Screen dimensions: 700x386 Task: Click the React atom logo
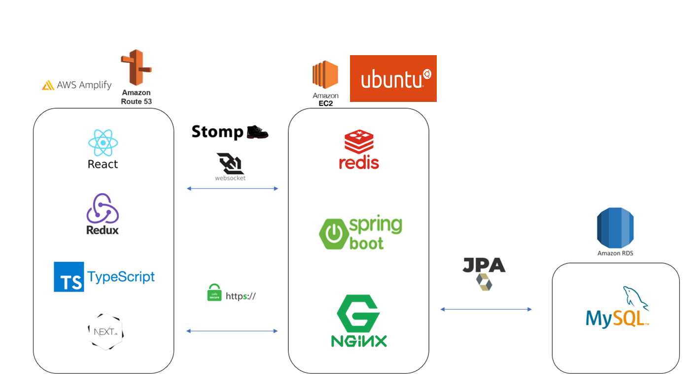click(x=103, y=143)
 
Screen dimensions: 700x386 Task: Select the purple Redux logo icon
click(x=103, y=208)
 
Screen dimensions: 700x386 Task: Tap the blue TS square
click(x=69, y=277)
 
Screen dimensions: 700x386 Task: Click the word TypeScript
click(x=121, y=277)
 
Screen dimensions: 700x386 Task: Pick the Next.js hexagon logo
click(x=105, y=331)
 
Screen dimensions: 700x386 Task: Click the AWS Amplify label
click(x=77, y=85)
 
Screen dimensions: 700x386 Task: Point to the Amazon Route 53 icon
click(x=136, y=67)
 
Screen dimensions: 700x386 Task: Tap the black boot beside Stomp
click(x=257, y=132)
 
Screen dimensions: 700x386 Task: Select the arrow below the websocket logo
click(x=232, y=189)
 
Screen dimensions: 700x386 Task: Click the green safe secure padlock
click(x=214, y=292)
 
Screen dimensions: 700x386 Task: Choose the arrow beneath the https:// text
click(x=232, y=331)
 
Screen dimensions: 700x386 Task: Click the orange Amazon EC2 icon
click(x=325, y=74)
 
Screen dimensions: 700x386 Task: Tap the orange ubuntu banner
click(x=393, y=78)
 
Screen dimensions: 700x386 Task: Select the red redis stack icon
click(x=359, y=142)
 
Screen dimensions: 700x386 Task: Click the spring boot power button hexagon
click(x=334, y=234)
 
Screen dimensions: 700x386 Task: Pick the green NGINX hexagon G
click(x=358, y=314)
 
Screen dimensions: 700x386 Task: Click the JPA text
click(x=484, y=265)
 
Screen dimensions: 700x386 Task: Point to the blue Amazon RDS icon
click(x=615, y=228)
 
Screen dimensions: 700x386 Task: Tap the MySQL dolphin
click(x=635, y=298)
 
